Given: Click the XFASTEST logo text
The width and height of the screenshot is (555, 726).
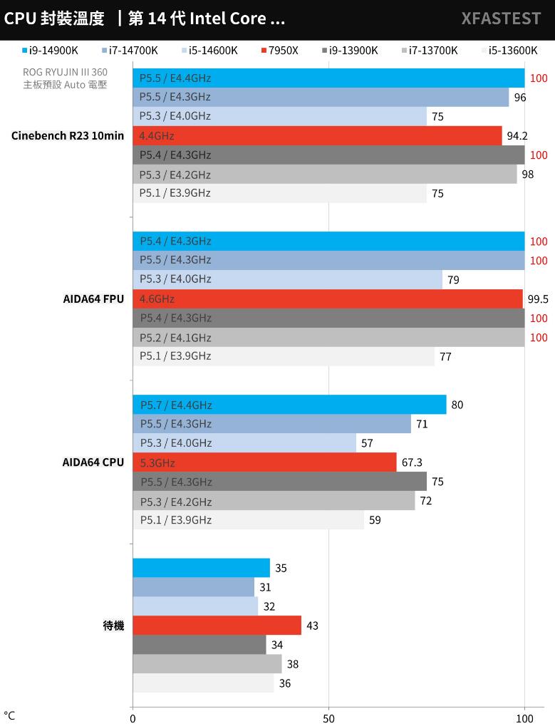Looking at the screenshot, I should (x=500, y=19).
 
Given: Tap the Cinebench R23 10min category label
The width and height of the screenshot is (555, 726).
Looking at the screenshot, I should (x=68, y=136).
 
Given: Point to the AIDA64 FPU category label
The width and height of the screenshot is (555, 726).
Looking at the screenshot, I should (x=93, y=299).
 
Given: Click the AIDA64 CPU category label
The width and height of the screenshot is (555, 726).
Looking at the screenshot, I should (x=93, y=462).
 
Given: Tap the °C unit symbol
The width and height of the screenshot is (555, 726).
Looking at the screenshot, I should (x=9, y=715).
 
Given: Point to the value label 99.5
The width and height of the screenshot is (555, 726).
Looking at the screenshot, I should (x=537, y=299).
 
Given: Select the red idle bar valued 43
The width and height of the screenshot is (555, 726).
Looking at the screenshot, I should (x=217, y=626).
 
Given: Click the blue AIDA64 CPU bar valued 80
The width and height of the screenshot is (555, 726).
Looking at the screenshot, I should (x=289, y=405).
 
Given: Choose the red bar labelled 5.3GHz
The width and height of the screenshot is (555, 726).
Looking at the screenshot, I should (x=264, y=462).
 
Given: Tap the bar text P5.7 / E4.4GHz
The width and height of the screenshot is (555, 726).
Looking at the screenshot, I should (x=176, y=405).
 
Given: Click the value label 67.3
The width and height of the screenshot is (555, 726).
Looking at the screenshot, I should (x=412, y=462).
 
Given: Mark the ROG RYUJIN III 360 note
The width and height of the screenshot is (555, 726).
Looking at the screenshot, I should (x=65, y=73).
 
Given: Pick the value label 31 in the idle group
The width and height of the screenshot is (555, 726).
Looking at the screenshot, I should (x=265, y=587).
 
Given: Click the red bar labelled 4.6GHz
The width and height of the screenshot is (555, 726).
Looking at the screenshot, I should (x=328, y=299).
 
